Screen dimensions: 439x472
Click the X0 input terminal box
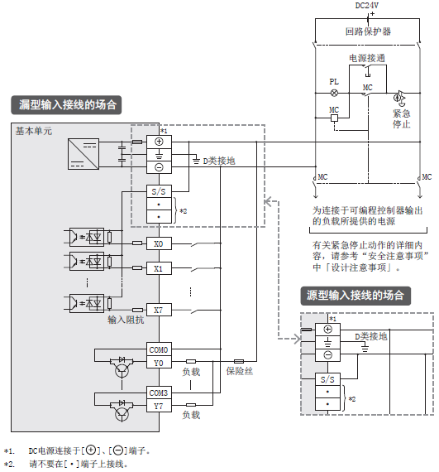click(x=159, y=243)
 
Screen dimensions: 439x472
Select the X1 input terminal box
click(x=159, y=268)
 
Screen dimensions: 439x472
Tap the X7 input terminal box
click(x=159, y=310)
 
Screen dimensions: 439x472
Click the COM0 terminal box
click(x=159, y=349)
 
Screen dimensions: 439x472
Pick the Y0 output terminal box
click(x=159, y=363)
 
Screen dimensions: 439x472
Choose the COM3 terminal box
click(x=159, y=393)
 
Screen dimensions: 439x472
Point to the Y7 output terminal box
click(x=159, y=406)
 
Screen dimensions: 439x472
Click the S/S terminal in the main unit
click(x=159, y=191)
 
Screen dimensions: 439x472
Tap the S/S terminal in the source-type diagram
click(x=327, y=379)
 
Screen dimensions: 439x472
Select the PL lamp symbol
click(x=334, y=93)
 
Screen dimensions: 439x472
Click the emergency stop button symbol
click(x=399, y=99)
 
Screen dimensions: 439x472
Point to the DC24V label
click(x=366, y=6)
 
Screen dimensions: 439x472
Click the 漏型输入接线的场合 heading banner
click(x=66, y=105)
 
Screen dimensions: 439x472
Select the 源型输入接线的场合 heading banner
click(x=355, y=296)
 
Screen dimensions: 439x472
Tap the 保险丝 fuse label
click(x=239, y=371)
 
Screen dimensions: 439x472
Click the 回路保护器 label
click(x=368, y=31)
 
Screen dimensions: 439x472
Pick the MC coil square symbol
click(x=334, y=118)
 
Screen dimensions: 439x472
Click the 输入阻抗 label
click(x=126, y=320)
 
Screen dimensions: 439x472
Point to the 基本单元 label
click(x=34, y=131)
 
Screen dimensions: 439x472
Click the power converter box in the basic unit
click(x=84, y=154)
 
